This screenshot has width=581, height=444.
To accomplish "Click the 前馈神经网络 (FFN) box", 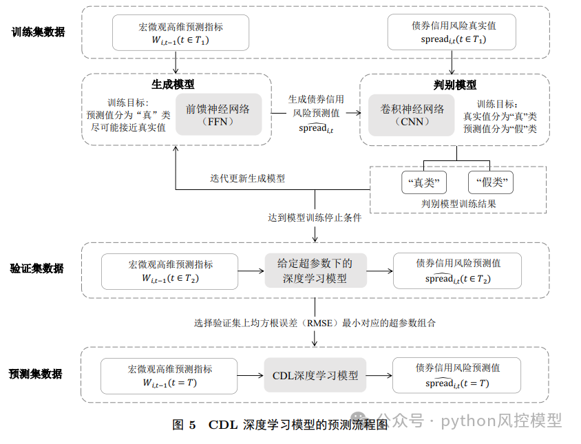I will click(218, 114).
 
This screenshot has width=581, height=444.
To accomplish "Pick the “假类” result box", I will click(491, 183).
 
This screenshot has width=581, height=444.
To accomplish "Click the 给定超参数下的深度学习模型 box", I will click(315, 271).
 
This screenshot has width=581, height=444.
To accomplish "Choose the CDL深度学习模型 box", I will click(315, 375).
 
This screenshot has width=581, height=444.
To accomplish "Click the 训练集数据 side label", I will click(38, 32).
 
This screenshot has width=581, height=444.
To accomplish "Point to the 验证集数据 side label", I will click(38, 268).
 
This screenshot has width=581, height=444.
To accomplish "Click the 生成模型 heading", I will click(173, 85).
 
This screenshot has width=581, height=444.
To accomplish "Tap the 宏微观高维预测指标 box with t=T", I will click(169, 375).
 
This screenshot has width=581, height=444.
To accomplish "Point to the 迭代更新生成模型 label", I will click(247, 178).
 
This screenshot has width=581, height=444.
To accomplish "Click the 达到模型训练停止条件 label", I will click(314, 218).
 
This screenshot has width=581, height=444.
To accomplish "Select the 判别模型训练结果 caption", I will click(458, 204).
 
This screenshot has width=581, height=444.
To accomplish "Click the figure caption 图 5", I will click(184, 425).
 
